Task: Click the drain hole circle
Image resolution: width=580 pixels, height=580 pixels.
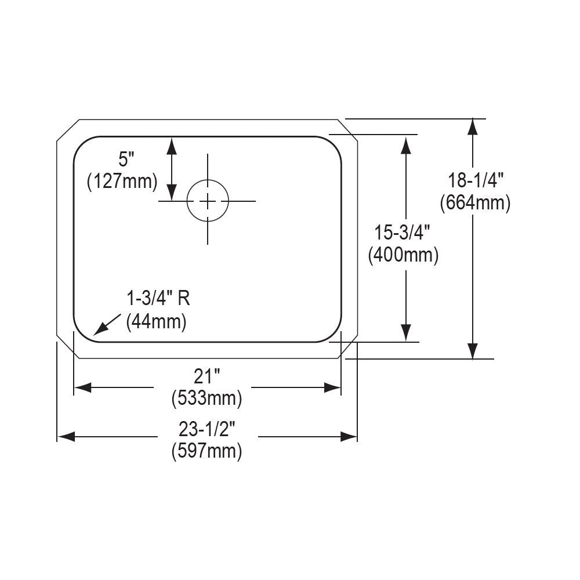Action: (x=207, y=201)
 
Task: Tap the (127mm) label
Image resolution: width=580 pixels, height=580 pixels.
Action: (x=122, y=182)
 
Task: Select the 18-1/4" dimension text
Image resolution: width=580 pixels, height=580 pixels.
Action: (x=474, y=180)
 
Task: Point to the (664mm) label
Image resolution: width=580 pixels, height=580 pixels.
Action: (x=474, y=202)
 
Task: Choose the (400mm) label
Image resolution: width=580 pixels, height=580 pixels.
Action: (x=403, y=255)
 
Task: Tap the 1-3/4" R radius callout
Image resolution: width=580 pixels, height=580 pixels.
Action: (x=158, y=299)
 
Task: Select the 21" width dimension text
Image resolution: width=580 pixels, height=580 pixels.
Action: (x=207, y=377)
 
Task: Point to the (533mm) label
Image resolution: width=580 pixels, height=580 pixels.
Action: (x=206, y=399)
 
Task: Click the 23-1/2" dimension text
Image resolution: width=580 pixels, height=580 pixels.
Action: (x=207, y=429)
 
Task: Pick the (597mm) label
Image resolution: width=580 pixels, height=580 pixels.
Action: (x=206, y=451)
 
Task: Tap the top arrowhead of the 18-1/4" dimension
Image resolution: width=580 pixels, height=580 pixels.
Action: (x=473, y=127)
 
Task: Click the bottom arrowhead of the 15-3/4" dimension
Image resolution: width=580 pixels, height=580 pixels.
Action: (x=407, y=333)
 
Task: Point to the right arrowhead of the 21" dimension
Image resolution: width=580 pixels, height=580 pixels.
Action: (x=333, y=387)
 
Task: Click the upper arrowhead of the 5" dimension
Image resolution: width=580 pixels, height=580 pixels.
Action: (x=172, y=145)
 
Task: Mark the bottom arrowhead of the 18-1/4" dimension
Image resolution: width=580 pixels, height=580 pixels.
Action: (x=473, y=350)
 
